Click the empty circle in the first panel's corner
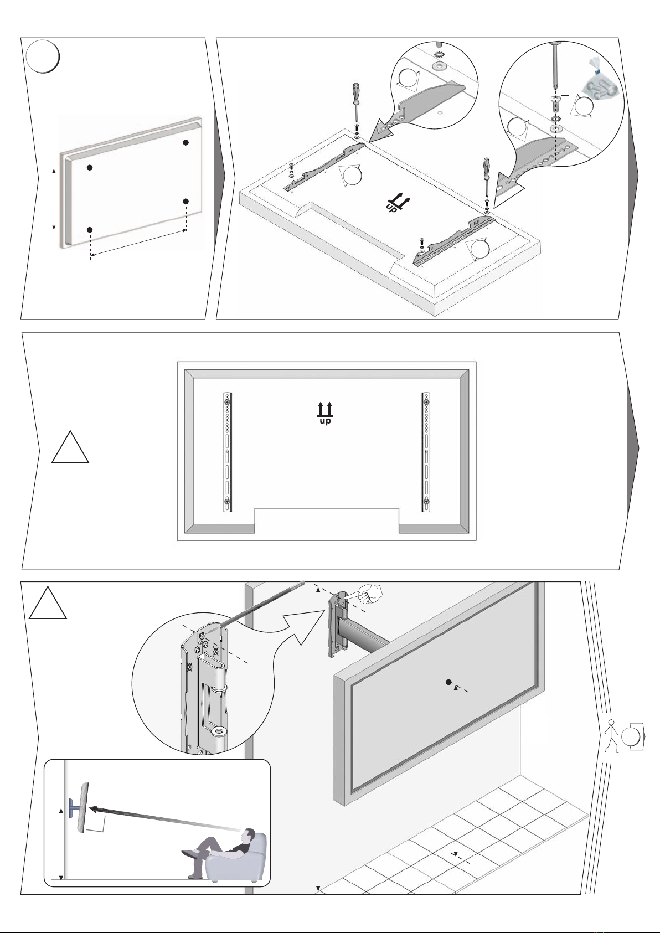click(43, 56)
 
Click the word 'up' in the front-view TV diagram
click(325, 421)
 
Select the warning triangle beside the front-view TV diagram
click(70, 447)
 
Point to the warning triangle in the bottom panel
click(48, 603)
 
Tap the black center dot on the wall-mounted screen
click(448, 682)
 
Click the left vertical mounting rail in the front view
click(228, 451)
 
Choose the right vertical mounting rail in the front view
click(426, 451)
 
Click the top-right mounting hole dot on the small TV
click(185, 142)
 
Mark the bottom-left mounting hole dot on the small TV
click(90, 229)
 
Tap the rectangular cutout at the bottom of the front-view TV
click(327, 520)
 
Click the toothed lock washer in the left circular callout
click(439, 55)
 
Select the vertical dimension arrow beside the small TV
click(54, 199)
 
